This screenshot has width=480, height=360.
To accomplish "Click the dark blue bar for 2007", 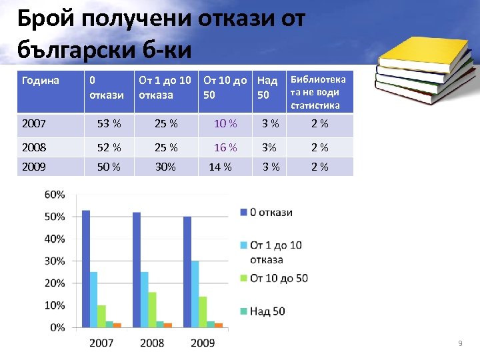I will (86, 269).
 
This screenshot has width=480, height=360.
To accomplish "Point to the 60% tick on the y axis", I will (55, 195).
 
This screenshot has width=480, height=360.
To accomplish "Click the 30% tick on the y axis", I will (55, 261).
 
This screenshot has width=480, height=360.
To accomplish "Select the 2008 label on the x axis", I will (152, 343).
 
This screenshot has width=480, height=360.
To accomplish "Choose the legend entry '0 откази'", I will (271, 213).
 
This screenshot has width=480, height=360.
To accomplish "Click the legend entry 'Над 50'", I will (267, 311).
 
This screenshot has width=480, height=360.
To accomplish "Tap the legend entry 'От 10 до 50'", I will (278, 278).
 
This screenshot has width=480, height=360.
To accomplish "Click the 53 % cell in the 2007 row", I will (109, 123).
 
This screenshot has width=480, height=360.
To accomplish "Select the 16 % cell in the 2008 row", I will (225, 147).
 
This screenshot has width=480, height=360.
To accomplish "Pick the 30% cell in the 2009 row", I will (165, 167).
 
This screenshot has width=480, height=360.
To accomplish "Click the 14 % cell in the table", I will (220, 167).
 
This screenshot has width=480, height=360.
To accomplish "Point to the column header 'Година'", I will (41, 81).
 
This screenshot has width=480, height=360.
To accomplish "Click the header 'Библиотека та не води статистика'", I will (318, 92).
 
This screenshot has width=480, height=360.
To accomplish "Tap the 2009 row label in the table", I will (34, 167).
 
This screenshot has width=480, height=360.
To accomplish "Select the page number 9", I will (459, 343).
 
